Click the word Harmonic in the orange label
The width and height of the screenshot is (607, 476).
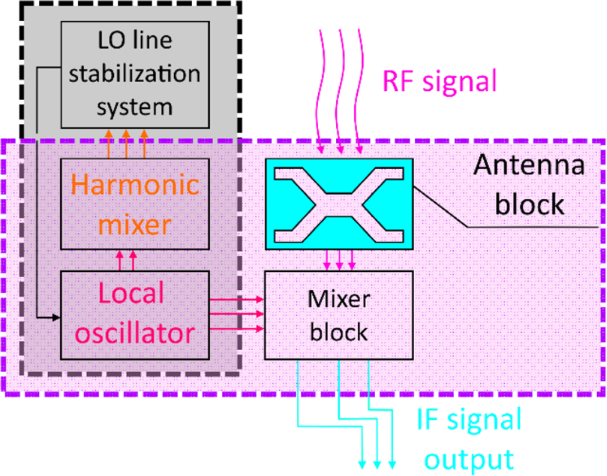coord(134,187)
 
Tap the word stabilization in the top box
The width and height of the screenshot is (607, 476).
coord(134,74)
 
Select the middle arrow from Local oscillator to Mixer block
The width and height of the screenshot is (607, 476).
coord(238,312)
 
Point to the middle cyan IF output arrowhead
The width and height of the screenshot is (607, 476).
coord(377,465)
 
